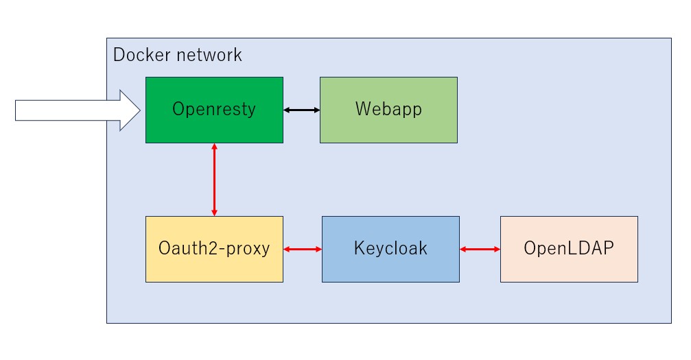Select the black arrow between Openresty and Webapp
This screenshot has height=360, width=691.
point(301,110)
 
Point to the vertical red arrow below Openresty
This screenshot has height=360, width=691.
point(215,180)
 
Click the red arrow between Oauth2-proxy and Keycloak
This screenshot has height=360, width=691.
point(303,249)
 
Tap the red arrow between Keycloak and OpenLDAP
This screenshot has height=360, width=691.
point(480,249)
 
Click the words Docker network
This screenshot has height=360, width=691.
point(177,55)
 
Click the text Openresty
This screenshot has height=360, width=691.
point(214,110)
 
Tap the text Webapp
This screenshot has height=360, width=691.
point(388,110)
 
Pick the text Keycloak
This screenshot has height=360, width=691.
point(390,248)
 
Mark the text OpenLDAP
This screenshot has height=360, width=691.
point(569,248)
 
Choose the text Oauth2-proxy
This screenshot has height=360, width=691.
point(214,248)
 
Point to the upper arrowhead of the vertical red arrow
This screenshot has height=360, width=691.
point(215,147)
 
